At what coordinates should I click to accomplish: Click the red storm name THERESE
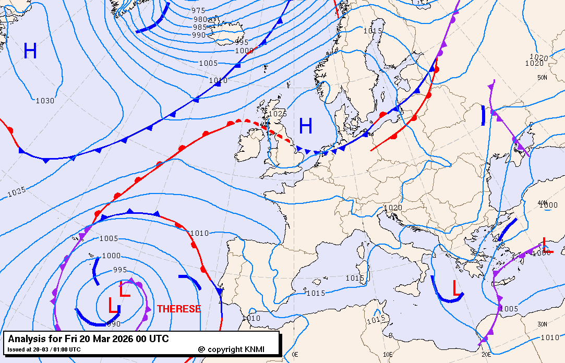coord(178,309)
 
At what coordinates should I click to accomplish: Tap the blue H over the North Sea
coord(306,126)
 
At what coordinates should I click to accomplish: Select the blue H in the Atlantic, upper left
coord(30,51)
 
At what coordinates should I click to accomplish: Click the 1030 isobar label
coord(45,101)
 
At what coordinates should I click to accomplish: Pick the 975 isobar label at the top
coord(198,10)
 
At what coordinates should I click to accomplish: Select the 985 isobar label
coord(200,27)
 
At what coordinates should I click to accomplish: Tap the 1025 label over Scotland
coord(278,114)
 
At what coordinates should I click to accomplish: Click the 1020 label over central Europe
coord(393,208)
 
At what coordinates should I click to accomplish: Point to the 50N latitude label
coord(543,78)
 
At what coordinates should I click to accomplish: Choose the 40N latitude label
coord(543,202)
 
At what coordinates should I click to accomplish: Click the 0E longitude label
coord(295,354)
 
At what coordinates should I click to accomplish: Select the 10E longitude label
coord(388,354)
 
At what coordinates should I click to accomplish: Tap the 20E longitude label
coord(486,354)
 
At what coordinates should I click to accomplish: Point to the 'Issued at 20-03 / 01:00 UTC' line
coord(44,349)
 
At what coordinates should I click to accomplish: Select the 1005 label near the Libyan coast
coord(509,309)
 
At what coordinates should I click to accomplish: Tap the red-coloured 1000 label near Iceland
coord(244,51)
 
